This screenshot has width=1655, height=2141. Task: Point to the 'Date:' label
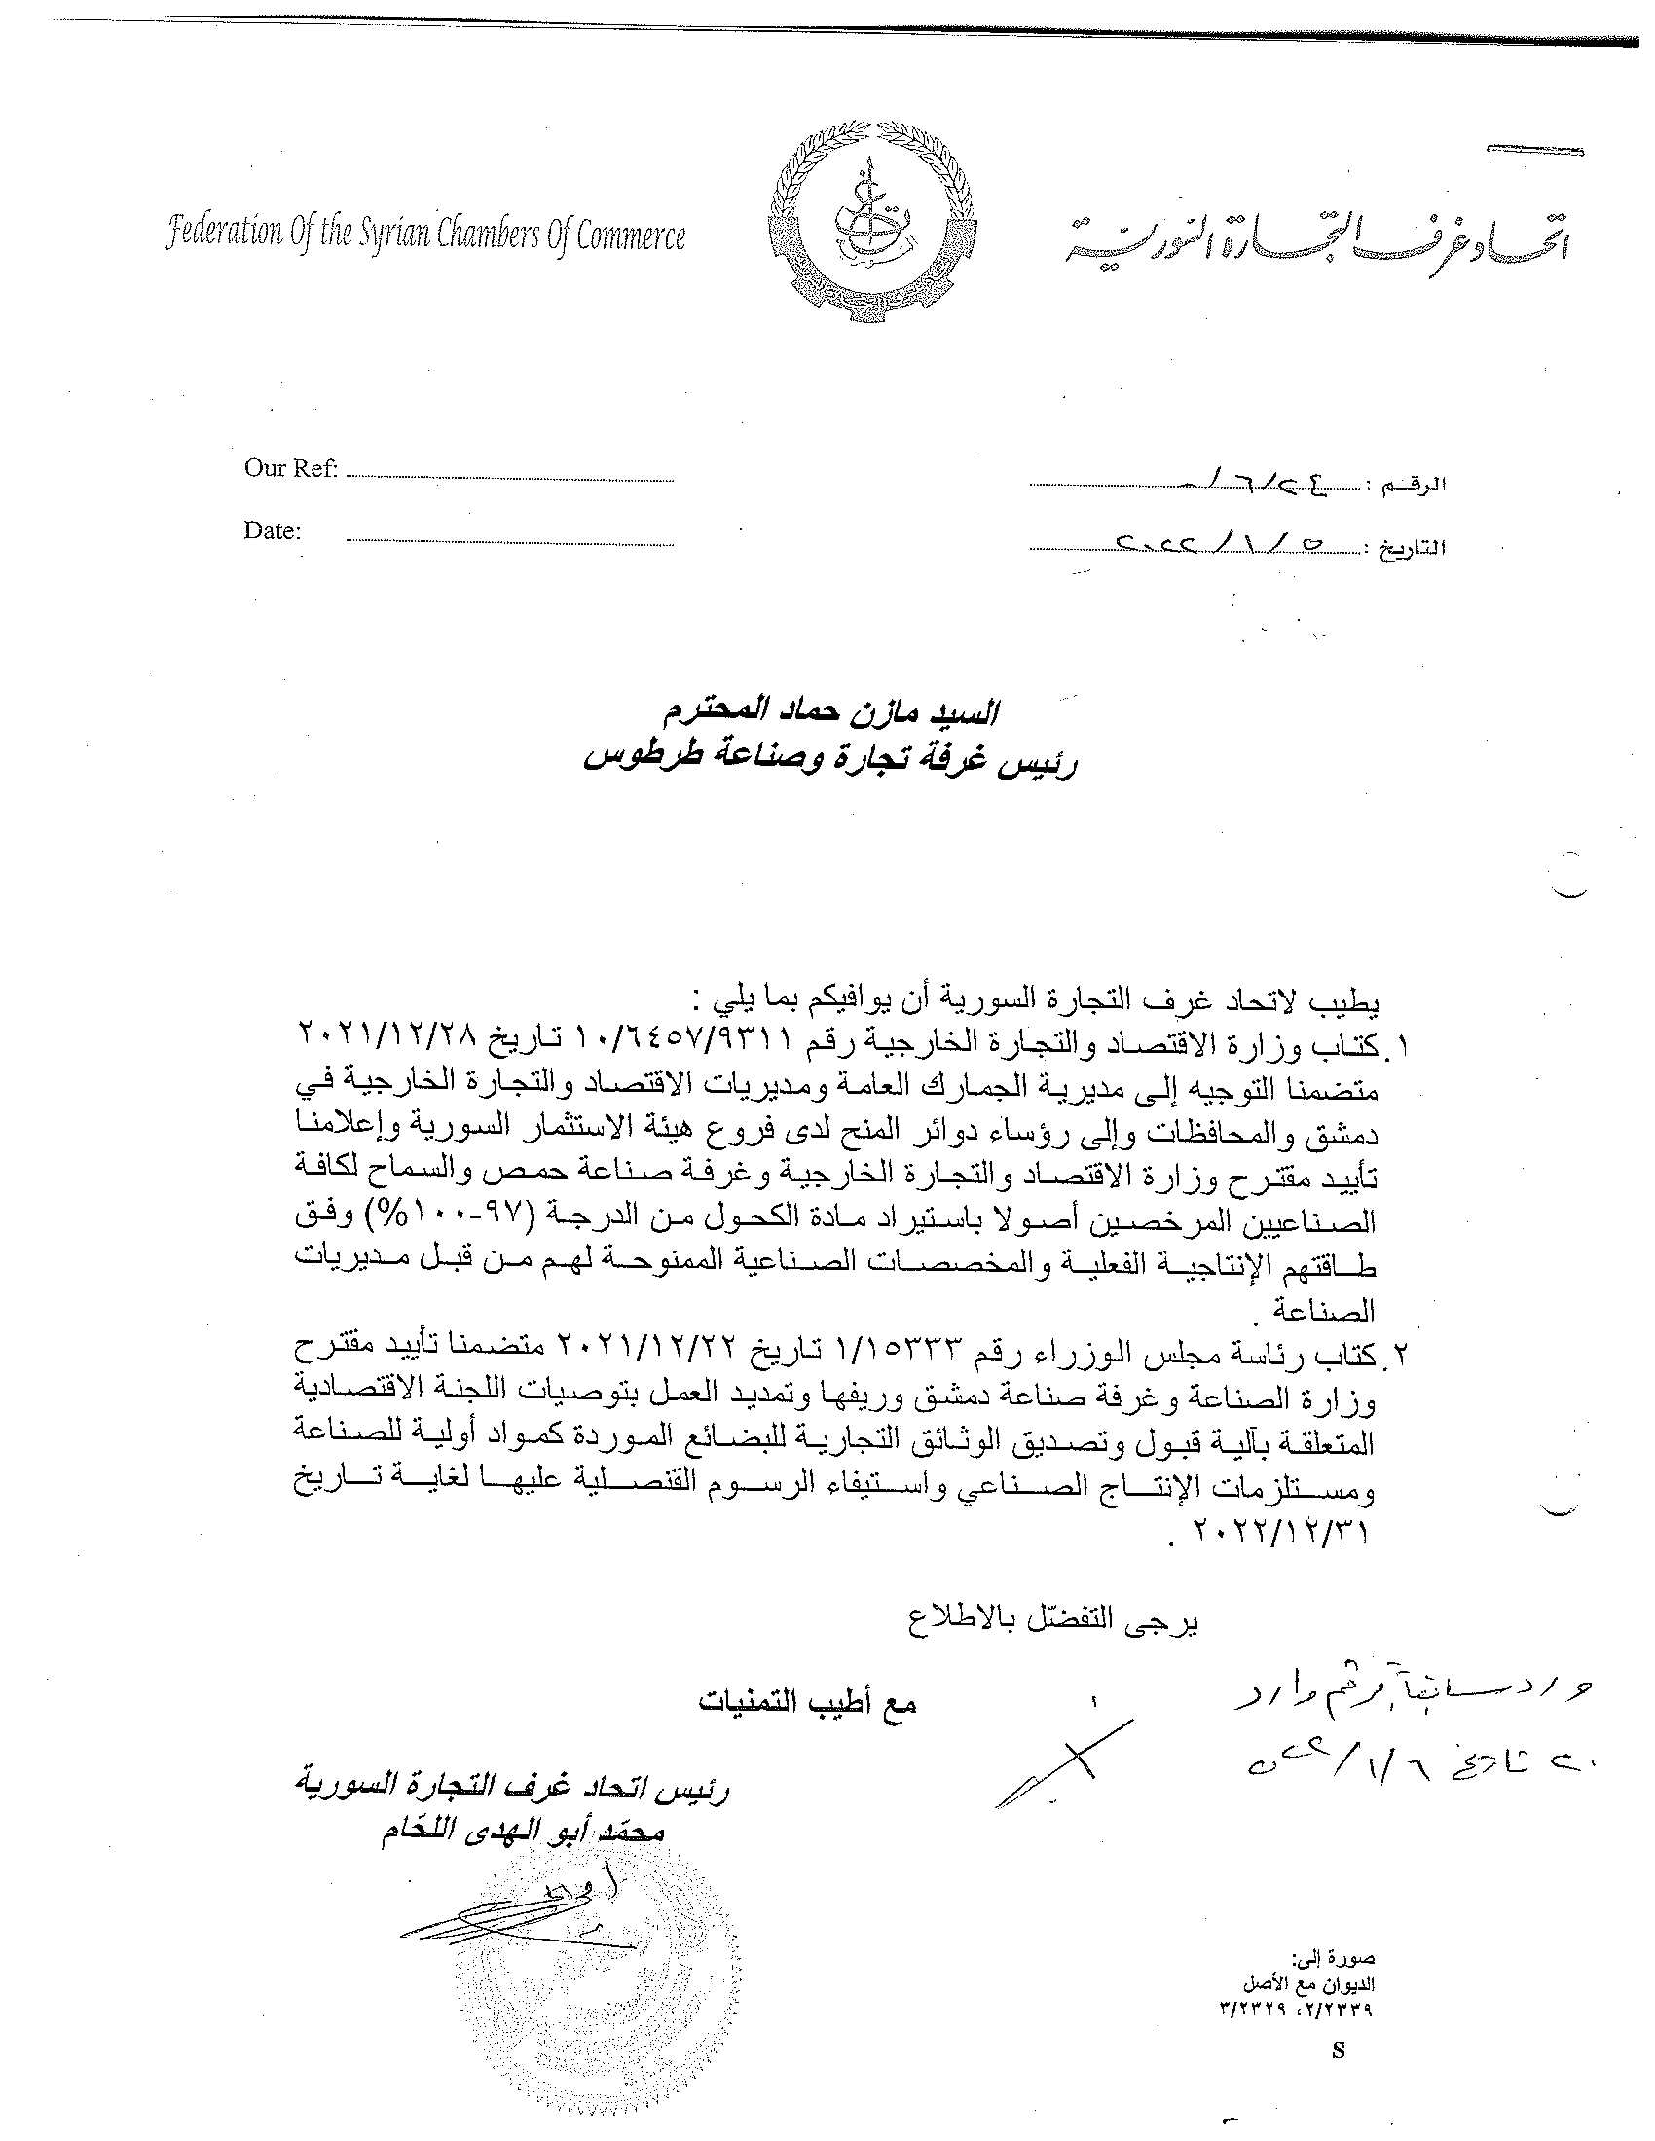(273, 531)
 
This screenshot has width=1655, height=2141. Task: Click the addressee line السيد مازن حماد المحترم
(827, 712)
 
